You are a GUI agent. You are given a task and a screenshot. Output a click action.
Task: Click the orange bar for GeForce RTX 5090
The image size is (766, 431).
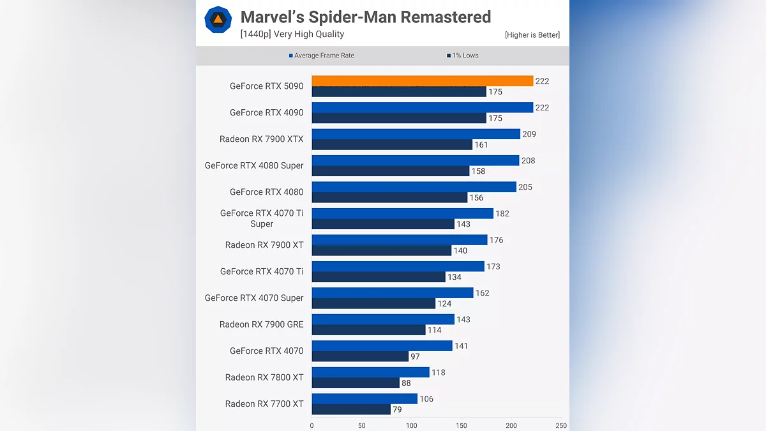point(422,81)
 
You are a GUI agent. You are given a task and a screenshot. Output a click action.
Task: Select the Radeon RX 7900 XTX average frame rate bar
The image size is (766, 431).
point(416,134)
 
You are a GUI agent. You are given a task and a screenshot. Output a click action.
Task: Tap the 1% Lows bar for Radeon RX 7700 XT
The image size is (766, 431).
point(351,409)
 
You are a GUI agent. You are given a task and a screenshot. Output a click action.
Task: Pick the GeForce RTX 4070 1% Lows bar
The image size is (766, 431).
point(360,356)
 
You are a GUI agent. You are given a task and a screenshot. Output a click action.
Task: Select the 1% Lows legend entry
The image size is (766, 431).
point(462,56)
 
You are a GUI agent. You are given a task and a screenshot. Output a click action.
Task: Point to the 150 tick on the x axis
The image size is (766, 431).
point(462,426)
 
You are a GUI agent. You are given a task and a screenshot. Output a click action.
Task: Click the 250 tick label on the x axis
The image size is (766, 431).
point(561,426)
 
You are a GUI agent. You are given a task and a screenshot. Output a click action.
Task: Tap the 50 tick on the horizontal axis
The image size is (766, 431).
point(362,426)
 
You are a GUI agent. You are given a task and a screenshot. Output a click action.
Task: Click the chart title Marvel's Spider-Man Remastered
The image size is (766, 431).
point(366,17)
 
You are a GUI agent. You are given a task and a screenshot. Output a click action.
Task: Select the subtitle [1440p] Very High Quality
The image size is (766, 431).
point(292,34)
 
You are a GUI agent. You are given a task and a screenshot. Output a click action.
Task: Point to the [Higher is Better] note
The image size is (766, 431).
point(532,35)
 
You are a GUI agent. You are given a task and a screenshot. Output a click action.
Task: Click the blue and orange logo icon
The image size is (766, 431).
point(218,20)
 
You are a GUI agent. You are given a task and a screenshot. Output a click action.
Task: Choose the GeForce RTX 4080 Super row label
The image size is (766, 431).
point(254,165)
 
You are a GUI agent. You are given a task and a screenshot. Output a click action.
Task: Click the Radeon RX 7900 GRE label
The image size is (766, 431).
point(262,324)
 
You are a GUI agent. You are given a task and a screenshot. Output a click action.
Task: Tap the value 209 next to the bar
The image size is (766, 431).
point(529,134)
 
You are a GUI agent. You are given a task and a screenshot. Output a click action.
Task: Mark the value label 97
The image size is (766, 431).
point(416,356)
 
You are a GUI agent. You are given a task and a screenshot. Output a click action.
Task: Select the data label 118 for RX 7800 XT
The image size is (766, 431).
point(438,372)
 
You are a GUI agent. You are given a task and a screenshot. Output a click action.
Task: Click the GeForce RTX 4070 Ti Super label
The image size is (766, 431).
point(262,218)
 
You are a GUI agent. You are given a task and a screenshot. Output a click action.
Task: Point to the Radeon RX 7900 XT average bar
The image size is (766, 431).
point(400,240)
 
